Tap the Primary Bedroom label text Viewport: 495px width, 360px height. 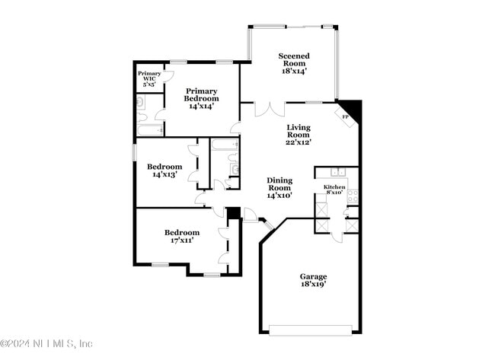202,98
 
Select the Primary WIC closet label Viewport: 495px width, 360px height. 149,78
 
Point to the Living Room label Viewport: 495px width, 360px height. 299,134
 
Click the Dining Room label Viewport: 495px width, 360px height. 279,187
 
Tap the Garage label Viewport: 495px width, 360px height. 312,280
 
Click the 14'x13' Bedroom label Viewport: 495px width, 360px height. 164,170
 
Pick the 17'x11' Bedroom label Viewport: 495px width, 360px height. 182,236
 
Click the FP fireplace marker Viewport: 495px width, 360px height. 344,117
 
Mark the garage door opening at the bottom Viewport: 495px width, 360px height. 311,330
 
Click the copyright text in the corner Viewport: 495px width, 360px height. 46,343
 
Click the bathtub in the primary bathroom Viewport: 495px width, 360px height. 150,130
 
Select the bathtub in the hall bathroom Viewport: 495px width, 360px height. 224,144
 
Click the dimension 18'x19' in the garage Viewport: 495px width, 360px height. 312,285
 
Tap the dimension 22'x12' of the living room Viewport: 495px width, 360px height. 299,142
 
